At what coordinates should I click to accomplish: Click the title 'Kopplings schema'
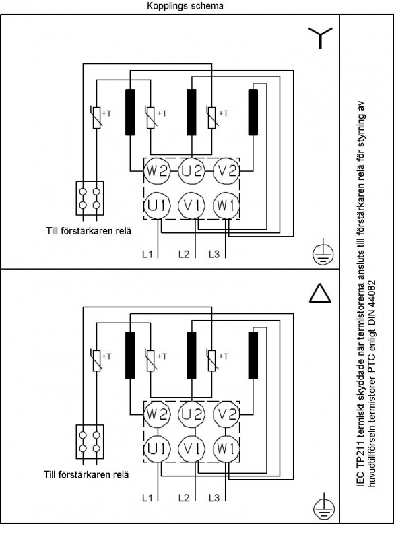pos(185,6)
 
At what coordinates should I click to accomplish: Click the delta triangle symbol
pos(320,293)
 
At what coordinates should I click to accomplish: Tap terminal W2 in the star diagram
pos(156,170)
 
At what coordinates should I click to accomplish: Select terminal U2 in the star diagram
pos(192,170)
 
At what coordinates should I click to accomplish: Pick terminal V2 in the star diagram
pos(226,170)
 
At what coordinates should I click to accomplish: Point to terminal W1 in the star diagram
pos(226,206)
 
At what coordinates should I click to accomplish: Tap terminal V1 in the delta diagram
pos(192,449)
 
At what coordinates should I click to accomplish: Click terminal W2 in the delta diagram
pos(156,414)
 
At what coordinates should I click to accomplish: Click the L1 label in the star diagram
pos(147,254)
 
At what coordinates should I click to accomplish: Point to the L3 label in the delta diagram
pos(214,498)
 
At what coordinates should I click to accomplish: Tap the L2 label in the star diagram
pos(184,254)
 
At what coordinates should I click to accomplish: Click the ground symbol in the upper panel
pos(323,253)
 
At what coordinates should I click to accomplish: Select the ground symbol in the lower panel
pos(323,505)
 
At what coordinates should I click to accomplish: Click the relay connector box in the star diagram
pos(90,198)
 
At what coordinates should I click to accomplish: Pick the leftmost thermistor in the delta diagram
pos(97,360)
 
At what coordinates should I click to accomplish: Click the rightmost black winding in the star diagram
pos(253,113)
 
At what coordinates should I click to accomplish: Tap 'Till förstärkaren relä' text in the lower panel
pos(86,474)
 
